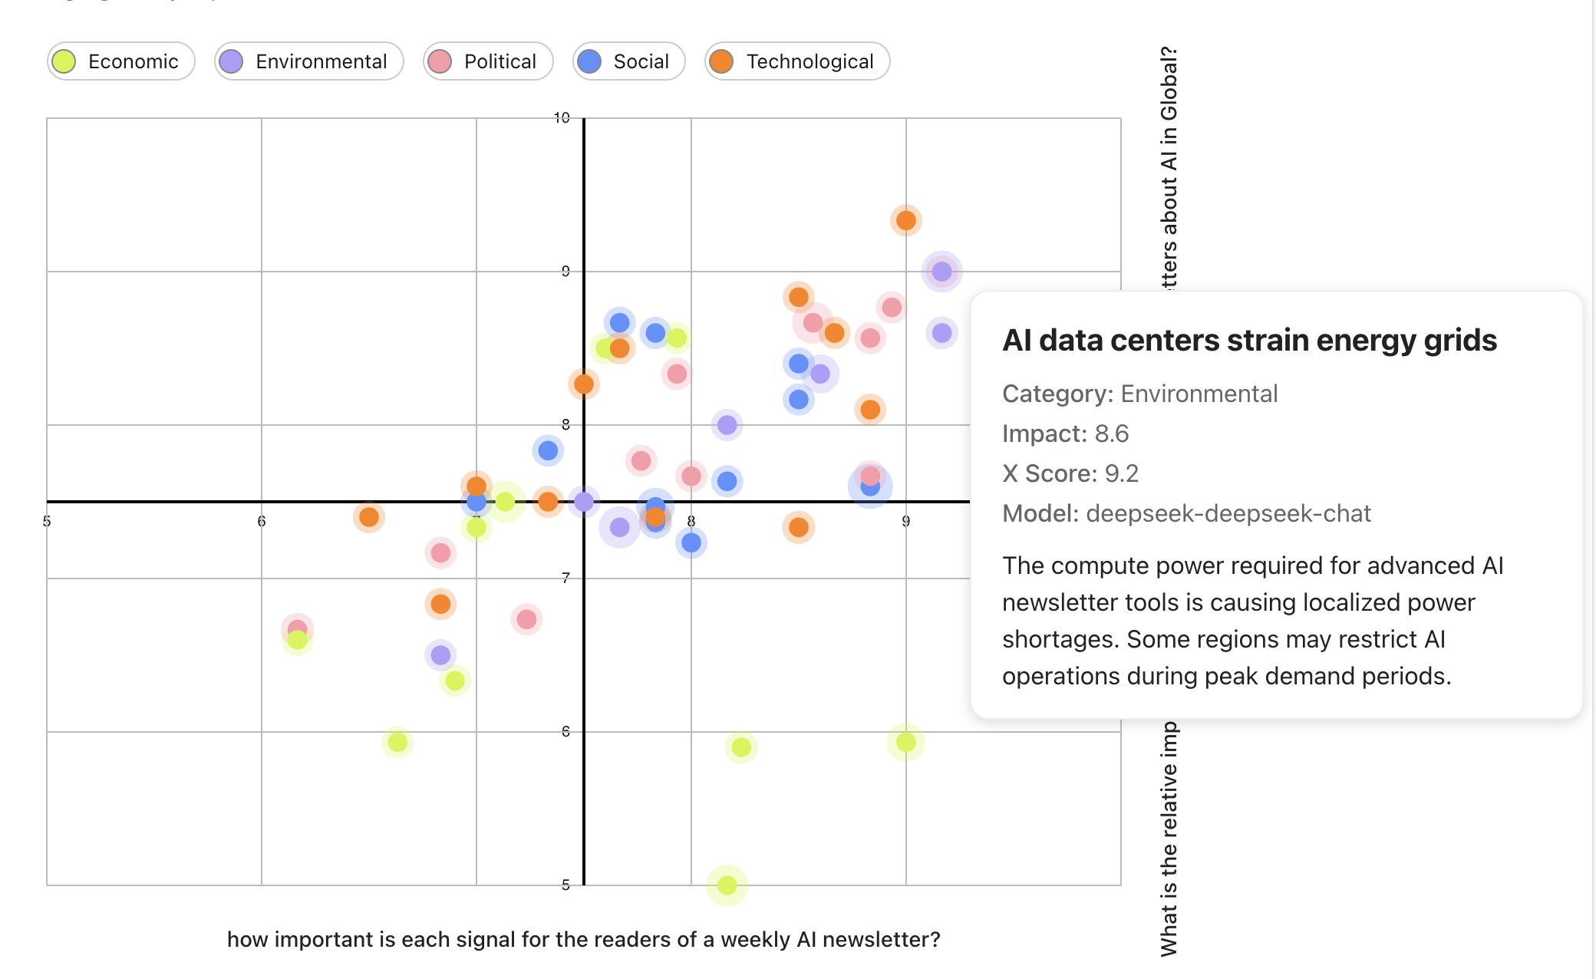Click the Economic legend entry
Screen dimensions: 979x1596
click(x=120, y=61)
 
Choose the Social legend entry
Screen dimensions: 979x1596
click(x=628, y=61)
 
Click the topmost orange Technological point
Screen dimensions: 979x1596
click(x=905, y=221)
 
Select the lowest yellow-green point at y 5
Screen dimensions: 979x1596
click(x=727, y=885)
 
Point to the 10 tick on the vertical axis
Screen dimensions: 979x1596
click(x=562, y=118)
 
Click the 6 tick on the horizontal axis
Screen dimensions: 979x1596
click(x=262, y=522)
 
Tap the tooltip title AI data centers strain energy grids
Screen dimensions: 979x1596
click(x=1248, y=341)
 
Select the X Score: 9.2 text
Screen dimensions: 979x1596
click(x=1070, y=473)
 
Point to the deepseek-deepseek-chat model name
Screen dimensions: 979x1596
click(x=1228, y=513)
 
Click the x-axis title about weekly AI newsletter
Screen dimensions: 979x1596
click(x=583, y=939)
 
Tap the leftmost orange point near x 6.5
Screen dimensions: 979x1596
click(x=369, y=517)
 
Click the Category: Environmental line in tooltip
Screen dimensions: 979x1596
click(x=1139, y=394)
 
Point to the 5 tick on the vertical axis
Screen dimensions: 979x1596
click(x=566, y=885)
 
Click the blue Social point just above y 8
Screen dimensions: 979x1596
click(x=548, y=450)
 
